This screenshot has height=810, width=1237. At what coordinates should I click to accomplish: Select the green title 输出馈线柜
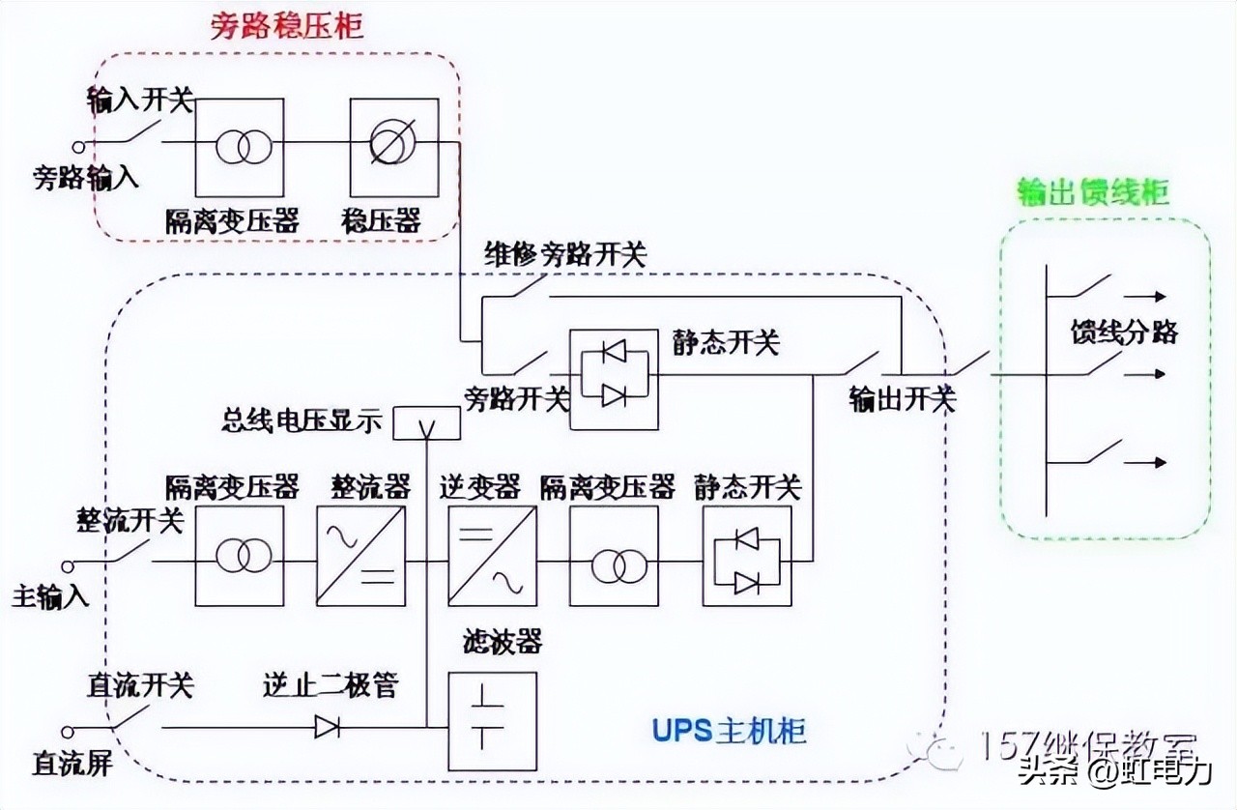1093,192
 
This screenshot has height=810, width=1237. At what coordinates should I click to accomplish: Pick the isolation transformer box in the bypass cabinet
240,147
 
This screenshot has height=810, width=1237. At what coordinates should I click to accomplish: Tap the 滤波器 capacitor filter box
492,721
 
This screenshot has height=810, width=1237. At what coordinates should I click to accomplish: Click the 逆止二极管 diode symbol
327,726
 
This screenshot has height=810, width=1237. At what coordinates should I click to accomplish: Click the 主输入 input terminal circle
68,564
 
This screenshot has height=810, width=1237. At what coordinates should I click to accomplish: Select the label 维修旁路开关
564,254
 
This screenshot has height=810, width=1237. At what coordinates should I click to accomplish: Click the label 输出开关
902,399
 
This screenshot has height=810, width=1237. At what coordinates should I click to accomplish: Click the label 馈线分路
1124,332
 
